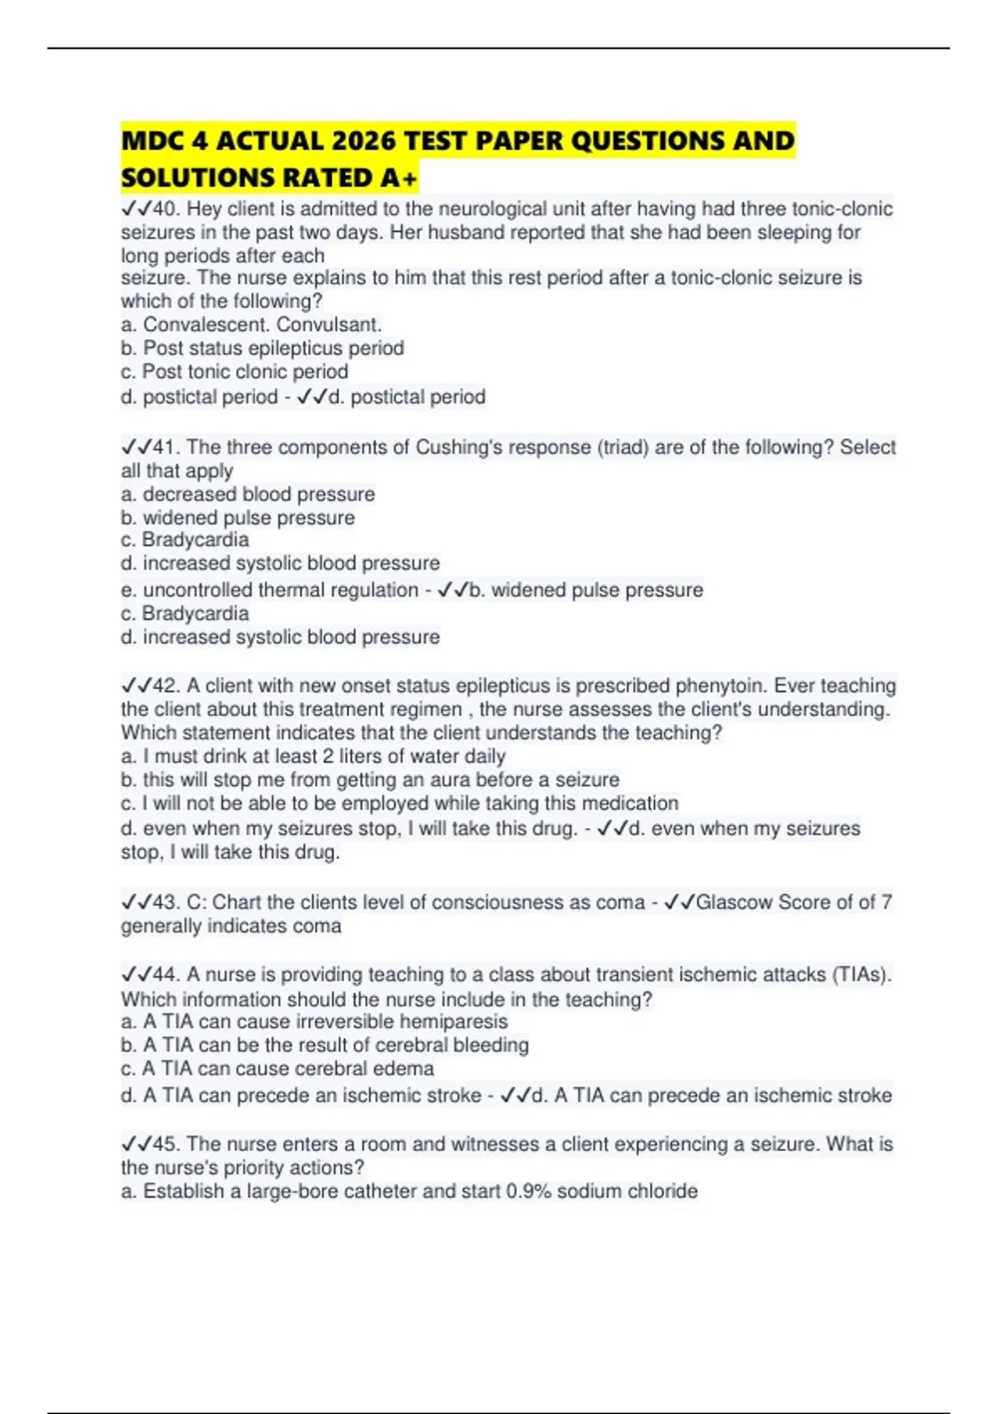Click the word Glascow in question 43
coord(734,902)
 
